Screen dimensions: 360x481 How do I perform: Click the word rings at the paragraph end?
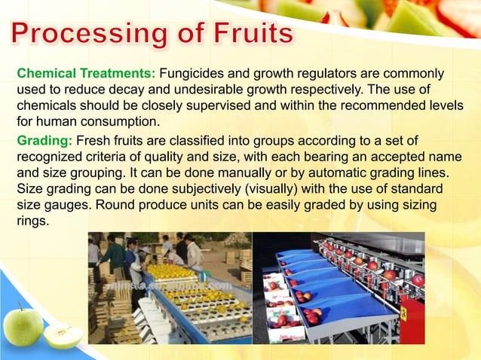32,221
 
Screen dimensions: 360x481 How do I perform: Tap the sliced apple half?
63,336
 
